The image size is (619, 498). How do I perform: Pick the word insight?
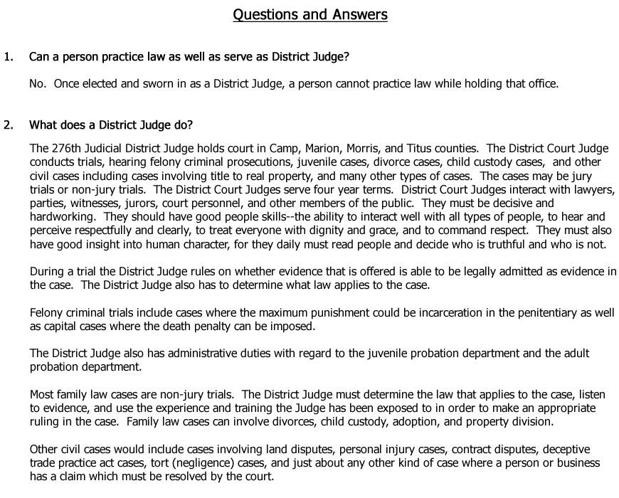pos(105,244)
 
